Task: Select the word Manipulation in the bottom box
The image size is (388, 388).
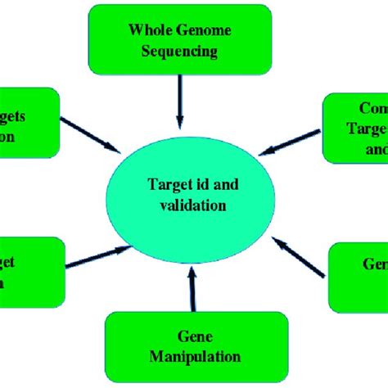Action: coord(195,356)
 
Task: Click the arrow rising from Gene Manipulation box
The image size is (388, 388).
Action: coord(192,291)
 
